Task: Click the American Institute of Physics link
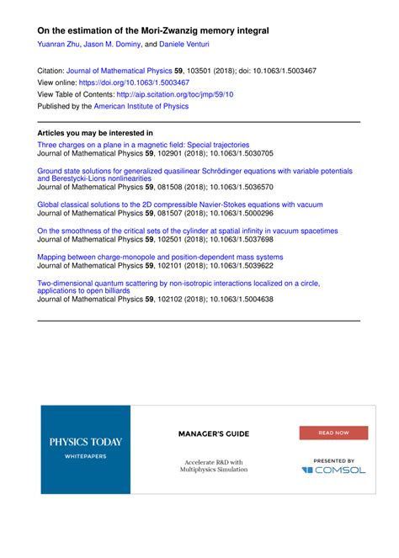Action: point(142,107)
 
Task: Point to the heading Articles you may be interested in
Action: point(95,133)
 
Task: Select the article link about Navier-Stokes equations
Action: point(179,204)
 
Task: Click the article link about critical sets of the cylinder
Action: point(187,230)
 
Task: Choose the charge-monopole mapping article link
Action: point(160,257)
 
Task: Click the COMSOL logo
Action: point(333,470)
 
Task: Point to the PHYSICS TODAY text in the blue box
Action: point(85,441)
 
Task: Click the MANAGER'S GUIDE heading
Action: point(213,434)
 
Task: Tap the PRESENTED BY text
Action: point(333,460)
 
